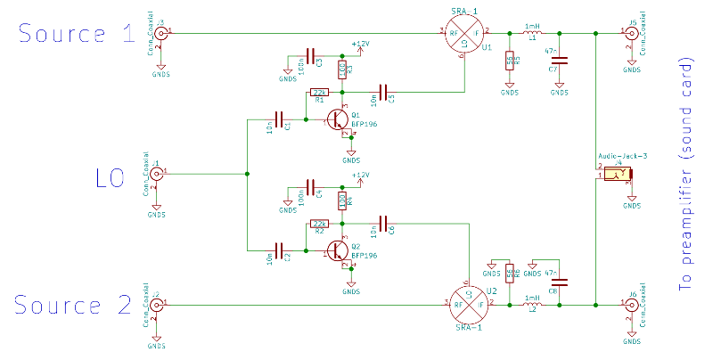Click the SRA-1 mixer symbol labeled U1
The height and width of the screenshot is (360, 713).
coord(463,33)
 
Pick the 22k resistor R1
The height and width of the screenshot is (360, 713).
coord(319,92)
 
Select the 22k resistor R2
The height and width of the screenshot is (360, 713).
coord(319,224)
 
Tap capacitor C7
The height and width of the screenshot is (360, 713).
coord(560,60)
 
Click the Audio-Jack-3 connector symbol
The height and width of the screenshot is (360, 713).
coord(615,175)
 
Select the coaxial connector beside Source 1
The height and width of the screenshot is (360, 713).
coord(160,34)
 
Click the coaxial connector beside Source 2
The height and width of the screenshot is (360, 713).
coord(156,305)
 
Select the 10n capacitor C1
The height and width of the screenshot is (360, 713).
coord(279,119)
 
